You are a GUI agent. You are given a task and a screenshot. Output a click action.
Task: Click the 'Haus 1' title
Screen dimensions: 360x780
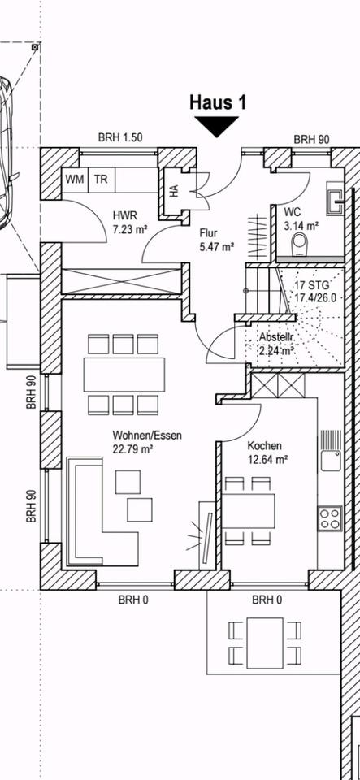[217, 102]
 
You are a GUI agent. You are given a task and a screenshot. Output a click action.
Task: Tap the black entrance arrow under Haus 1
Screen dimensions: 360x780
[216, 126]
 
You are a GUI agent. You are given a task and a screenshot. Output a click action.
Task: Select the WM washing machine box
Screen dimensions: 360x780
[75, 180]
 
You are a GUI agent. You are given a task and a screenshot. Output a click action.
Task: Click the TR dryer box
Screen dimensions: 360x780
[102, 180]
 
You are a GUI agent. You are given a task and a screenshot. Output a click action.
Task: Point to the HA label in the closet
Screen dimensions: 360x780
[174, 192]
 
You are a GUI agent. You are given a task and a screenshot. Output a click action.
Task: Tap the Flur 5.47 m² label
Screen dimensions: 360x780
[216, 239]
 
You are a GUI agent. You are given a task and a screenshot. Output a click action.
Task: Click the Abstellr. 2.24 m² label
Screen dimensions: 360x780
[277, 344]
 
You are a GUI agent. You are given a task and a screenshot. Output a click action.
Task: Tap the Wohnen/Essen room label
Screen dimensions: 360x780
[147, 441]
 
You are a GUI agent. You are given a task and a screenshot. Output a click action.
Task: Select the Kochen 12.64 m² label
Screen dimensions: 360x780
[267, 453]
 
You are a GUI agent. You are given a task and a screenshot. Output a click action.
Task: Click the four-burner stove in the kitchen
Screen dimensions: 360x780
[330, 518]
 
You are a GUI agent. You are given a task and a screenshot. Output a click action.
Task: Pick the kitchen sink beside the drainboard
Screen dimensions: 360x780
[331, 460]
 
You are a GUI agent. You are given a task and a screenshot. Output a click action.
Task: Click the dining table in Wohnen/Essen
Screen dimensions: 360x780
[124, 375]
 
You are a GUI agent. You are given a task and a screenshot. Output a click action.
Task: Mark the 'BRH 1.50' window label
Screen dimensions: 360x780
[120, 138]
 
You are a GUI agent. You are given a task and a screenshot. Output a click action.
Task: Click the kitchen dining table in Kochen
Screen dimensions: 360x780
[248, 511]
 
